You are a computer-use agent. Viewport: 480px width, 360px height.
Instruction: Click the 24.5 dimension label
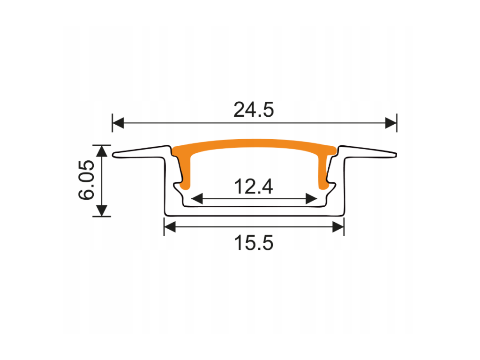pyautogui.click(x=254, y=110)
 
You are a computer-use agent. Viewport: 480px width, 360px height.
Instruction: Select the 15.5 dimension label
pyautogui.click(x=254, y=243)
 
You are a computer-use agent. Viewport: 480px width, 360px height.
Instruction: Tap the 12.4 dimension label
pyautogui.click(x=254, y=187)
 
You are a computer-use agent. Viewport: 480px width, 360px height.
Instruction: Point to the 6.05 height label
pyautogui.click(x=86, y=180)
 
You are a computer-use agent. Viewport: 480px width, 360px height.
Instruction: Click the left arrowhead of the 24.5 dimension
pyautogui.click(x=118, y=123)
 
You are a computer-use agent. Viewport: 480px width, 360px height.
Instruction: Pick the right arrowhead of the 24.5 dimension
pyautogui.click(x=391, y=123)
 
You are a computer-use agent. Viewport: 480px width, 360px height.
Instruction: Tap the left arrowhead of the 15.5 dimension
pyautogui.click(x=170, y=227)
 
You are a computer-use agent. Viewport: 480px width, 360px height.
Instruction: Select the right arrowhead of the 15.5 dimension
pyautogui.click(x=338, y=227)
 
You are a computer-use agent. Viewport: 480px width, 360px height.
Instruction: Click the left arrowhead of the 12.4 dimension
pyautogui.click(x=197, y=199)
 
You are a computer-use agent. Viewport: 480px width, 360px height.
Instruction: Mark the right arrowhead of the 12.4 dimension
pyautogui.click(x=311, y=199)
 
